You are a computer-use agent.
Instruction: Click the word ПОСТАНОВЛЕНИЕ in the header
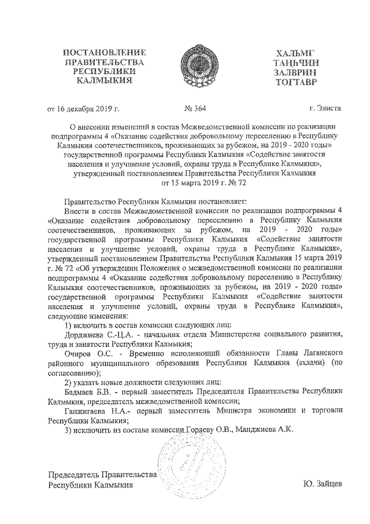[104, 53]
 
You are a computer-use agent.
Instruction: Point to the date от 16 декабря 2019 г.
[83, 108]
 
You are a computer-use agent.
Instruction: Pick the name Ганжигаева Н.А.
[95, 410]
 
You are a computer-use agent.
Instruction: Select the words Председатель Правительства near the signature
[103, 474]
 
